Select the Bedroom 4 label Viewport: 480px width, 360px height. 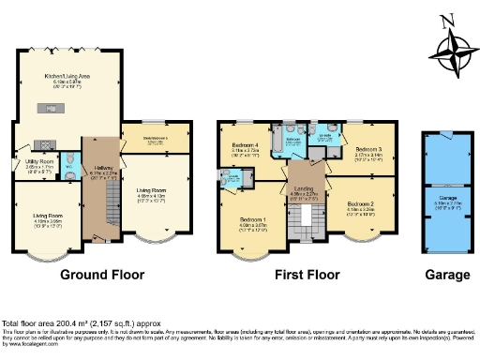point(245,146)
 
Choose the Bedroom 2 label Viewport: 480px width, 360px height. point(362,205)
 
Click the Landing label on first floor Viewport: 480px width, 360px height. point(305,191)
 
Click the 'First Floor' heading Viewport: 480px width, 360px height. point(307,276)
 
